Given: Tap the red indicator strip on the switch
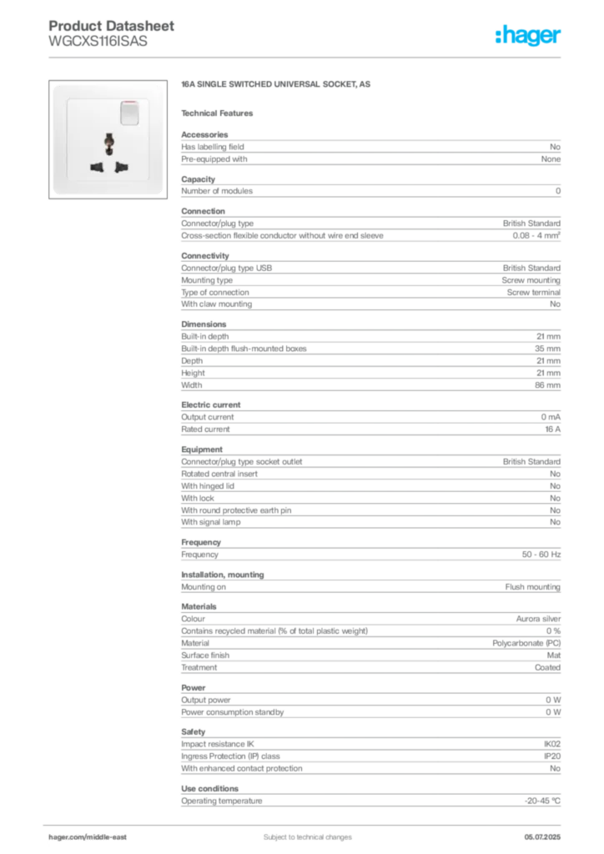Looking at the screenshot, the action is pyautogui.click(x=128, y=104).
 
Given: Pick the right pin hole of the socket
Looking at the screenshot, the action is pyautogui.click(x=119, y=165).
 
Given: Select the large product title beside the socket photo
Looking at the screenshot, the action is pyautogui.click(x=271, y=85).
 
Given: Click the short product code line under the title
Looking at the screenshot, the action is pyautogui.click(x=220, y=112).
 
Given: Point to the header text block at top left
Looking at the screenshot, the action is pyautogui.click(x=113, y=34).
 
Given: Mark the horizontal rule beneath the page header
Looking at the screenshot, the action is pyautogui.click(x=306, y=58).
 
